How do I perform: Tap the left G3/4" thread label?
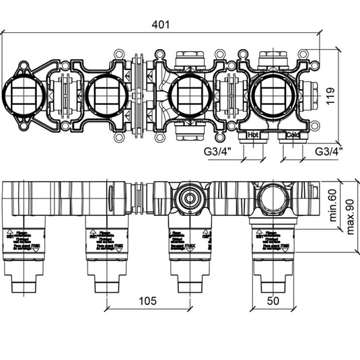[217, 151]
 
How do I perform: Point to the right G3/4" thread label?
[329, 151]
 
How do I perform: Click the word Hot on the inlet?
[254, 135]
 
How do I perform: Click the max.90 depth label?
[351, 215]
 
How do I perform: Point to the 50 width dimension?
[273, 301]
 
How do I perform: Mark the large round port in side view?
[273, 198]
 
